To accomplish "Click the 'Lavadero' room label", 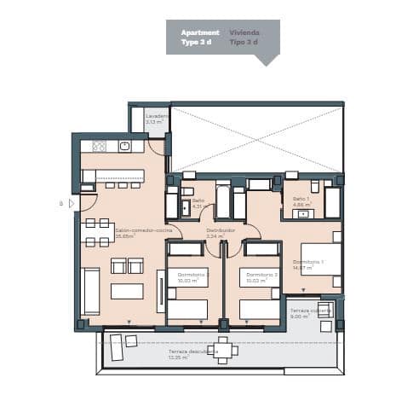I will click(x=156, y=116).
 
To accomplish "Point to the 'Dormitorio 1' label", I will click(x=307, y=261).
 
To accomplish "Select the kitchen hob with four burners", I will click(x=99, y=147).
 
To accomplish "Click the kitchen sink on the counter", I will click(x=124, y=147).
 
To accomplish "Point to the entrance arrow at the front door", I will click(x=72, y=204).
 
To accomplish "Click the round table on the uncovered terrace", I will click(x=224, y=350).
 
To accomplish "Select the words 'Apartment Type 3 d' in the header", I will click(x=200, y=37).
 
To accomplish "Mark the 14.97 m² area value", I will click(x=303, y=268).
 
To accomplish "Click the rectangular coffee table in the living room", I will click(x=127, y=291).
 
